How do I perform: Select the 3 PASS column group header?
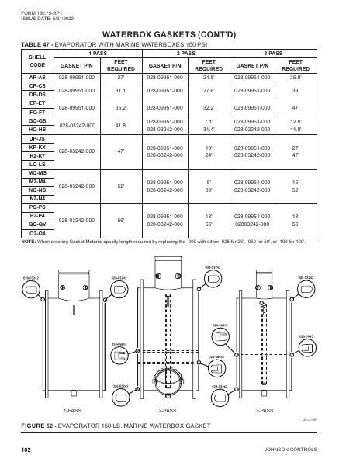click(x=272, y=53)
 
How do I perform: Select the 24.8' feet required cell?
click(x=207, y=78)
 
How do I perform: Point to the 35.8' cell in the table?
click(x=294, y=78)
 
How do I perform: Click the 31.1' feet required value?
click(x=120, y=90)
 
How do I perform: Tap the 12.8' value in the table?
click(x=294, y=120)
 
